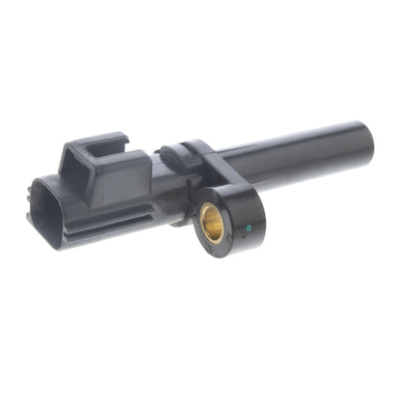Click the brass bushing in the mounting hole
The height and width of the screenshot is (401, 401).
212,225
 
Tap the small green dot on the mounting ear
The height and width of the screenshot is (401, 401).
249,229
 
